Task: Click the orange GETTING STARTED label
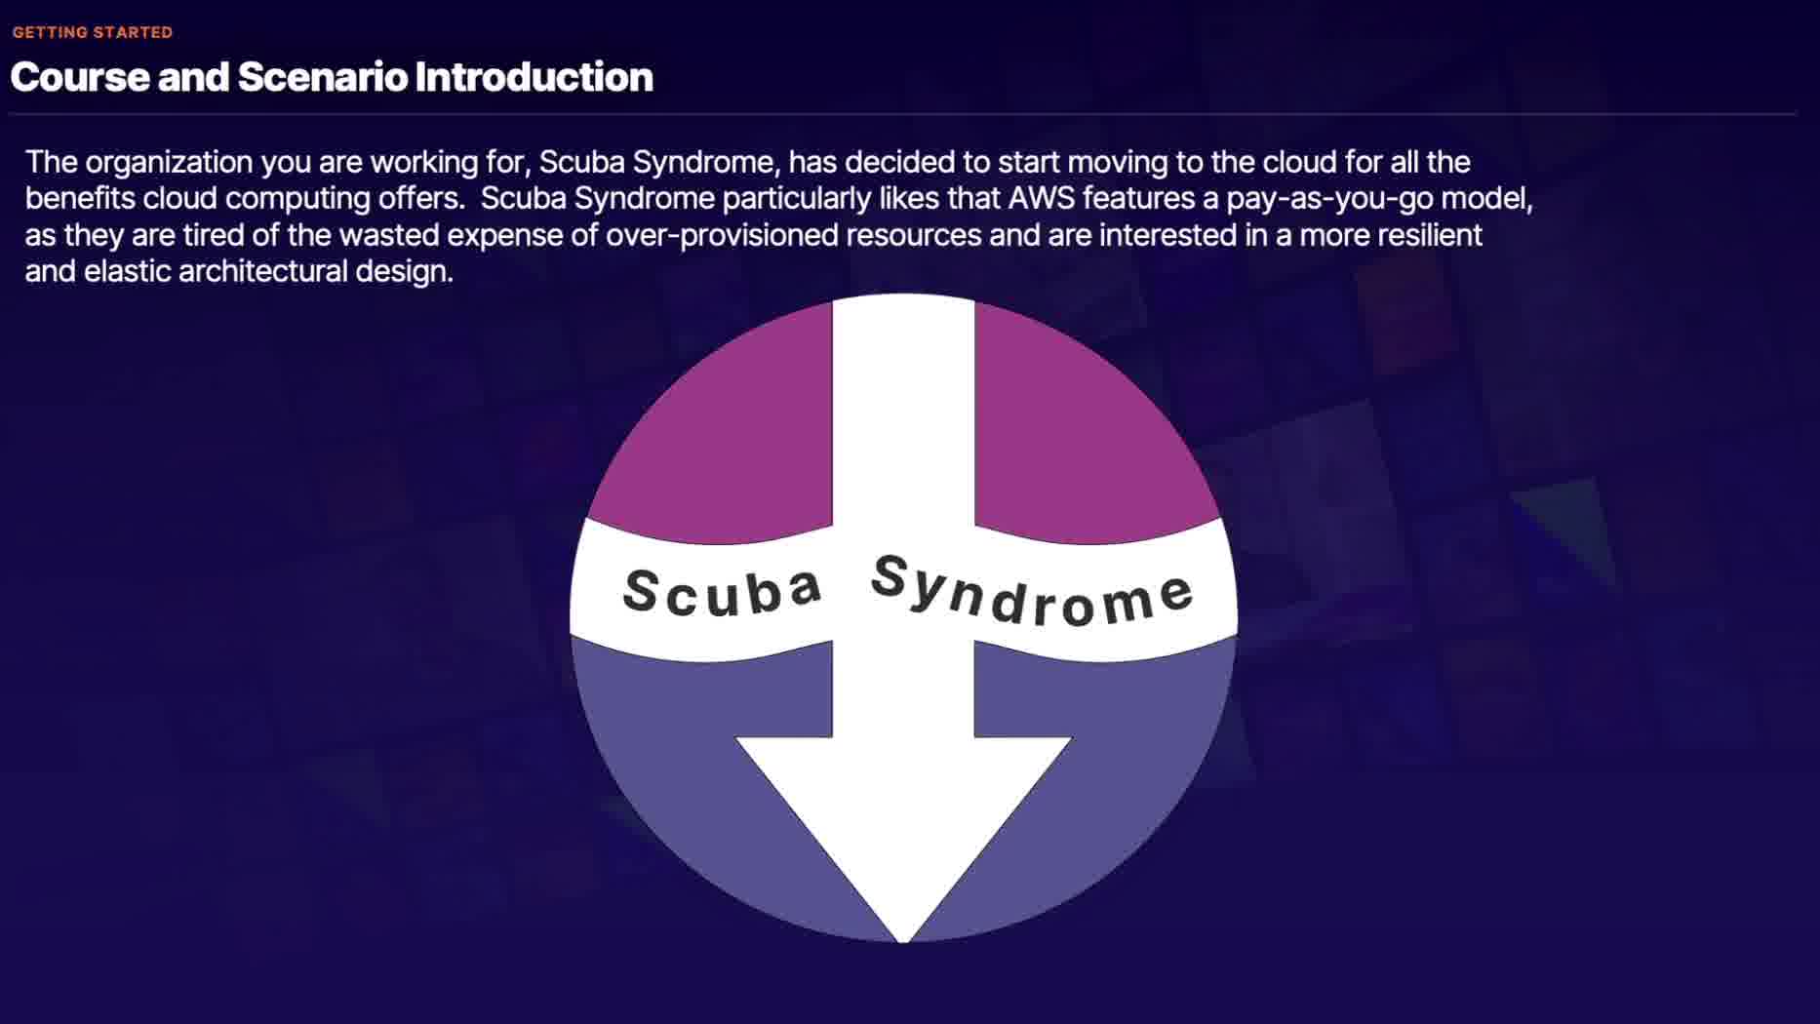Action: point(93,32)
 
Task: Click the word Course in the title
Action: point(80,77)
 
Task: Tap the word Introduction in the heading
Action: point(534,77)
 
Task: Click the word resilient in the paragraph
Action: point(1429,235)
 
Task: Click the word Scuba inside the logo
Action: point(723,592)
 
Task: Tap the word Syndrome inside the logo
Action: point(1032,591)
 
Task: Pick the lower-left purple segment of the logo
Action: point(683,761)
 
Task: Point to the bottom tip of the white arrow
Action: point(903,942)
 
